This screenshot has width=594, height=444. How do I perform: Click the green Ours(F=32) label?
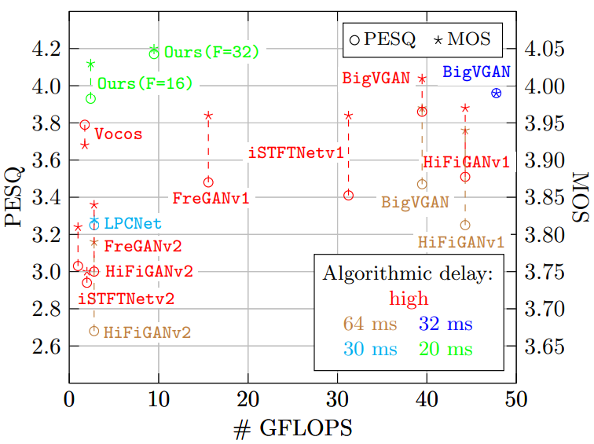[211, 53]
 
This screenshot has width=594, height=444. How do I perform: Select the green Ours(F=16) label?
[145, 83]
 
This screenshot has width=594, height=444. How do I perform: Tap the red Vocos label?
[118, 134]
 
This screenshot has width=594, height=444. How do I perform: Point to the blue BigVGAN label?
[476, 72]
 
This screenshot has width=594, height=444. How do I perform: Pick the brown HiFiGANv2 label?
[147, 332]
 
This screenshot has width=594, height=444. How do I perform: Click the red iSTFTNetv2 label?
[126, 299]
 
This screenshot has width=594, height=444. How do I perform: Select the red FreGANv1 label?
[210, 198]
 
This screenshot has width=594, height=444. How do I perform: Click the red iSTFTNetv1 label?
[296, 152]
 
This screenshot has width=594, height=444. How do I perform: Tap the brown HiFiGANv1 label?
[460, 242]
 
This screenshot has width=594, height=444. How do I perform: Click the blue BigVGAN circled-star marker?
[496, 93]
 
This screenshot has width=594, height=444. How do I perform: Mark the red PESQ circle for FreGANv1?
[208, 182]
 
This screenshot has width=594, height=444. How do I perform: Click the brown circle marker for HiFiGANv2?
[94, 331]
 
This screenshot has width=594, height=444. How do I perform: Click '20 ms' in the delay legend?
[445, 348]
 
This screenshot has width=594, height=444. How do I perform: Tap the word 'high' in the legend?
[409, 298]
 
